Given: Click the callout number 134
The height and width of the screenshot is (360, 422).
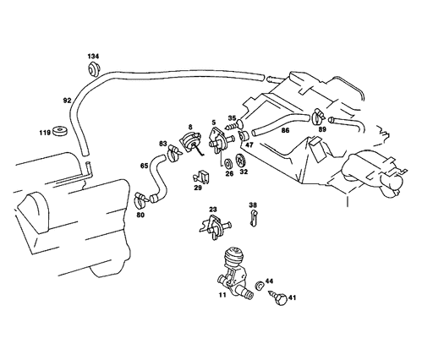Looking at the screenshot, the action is point(93,57).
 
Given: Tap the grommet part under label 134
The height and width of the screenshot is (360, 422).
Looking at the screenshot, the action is point(93,69).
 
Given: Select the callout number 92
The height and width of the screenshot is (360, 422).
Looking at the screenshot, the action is point(67,101).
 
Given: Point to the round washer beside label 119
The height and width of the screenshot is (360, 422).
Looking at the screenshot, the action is point(60,131).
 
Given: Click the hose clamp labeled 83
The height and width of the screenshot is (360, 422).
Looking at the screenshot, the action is point(175,153).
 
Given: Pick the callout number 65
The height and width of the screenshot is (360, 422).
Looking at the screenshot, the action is point(144,166).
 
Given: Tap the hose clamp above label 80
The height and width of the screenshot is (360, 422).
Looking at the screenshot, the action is point(141,200).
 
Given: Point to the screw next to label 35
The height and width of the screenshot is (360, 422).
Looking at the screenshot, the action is point(232,126).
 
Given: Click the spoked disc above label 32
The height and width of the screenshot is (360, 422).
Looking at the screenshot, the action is point(241,161).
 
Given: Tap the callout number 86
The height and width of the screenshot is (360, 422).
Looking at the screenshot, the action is point(285,130).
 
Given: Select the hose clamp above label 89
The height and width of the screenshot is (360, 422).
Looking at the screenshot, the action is point(319,116).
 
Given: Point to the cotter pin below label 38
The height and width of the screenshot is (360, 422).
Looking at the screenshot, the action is point(253,218).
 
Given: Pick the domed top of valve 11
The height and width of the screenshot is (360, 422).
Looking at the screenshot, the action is point(233,255).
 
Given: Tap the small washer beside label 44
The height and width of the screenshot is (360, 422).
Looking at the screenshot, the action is point(259,285).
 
